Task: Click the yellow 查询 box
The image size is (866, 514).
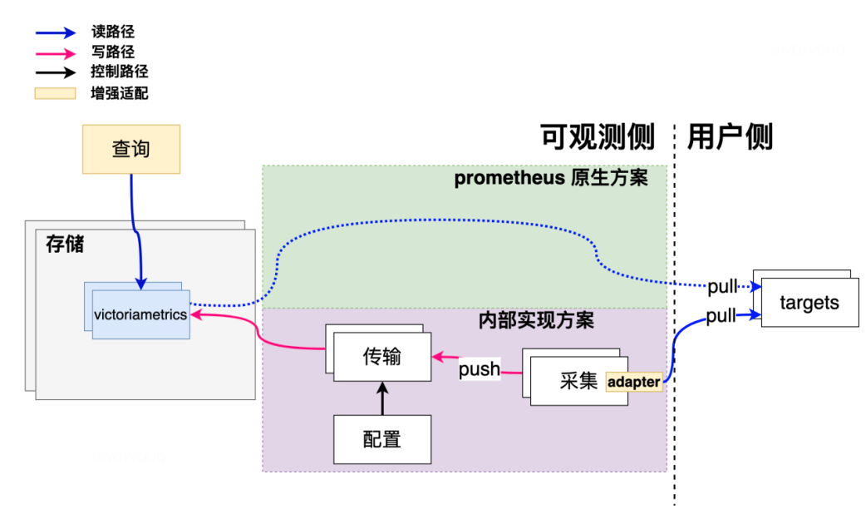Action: click(131, 149)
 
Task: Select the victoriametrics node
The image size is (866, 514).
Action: click(140, 314)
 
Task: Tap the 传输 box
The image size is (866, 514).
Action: click(382, 356)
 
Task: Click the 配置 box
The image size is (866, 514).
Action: click(382, 438)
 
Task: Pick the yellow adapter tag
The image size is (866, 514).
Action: click(634, 382)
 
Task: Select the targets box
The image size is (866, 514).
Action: click(809, 303)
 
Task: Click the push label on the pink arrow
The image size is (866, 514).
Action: click(480, 369)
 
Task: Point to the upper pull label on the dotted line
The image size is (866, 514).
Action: click(722, 287)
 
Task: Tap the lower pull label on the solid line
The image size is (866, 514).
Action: click(721, 316)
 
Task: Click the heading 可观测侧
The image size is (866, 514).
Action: click(598, 136)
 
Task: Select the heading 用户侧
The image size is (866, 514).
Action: click(730, 136)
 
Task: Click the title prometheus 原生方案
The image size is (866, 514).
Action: click(550, 179)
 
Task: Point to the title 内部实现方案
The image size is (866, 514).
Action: click(536, 319)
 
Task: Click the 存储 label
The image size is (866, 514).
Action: click(64, 245)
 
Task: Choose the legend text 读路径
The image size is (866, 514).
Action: click(112, 32)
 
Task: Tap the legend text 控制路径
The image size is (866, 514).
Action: click(119, 72)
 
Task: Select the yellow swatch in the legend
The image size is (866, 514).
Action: click(55, 93)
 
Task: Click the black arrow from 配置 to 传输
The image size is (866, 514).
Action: click(382, 398)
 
